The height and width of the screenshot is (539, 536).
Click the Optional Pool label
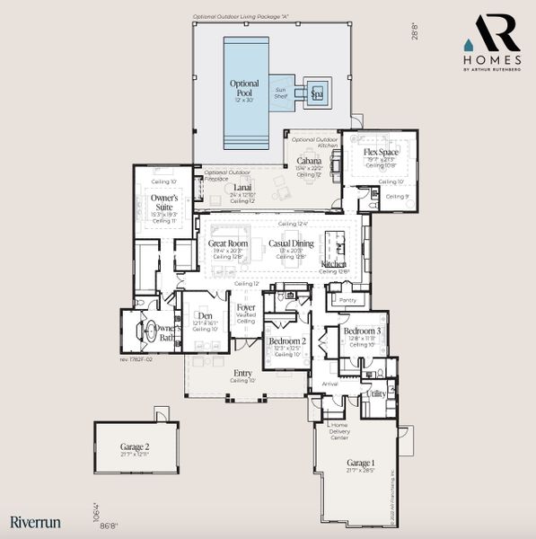[x=243, y=88]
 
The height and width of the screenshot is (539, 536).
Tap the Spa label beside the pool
[x=316, y=93]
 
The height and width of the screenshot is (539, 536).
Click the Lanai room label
[x=242, y=187]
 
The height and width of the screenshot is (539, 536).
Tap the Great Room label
[x=228, y=243]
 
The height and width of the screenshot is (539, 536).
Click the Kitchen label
[x=334, y=265]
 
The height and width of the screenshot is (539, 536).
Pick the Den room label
[x=206, y=315]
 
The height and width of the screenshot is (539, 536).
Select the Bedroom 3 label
[x=363, y=331]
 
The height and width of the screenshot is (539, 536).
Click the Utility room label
[x=376, y=393]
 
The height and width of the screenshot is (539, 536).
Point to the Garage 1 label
[x=362, y=464]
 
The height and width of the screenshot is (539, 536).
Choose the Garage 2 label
[x=135, y=446]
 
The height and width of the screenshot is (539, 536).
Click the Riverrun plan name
[x=29, y=520]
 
